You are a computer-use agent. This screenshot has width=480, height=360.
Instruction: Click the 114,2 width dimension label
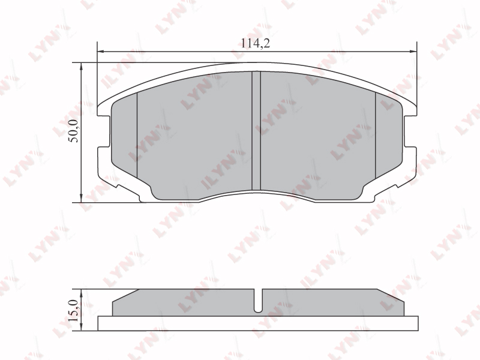(256, 43)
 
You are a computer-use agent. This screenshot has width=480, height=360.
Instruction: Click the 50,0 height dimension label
(74, 131)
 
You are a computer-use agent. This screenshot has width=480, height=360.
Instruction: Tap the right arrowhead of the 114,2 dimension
(413, 52)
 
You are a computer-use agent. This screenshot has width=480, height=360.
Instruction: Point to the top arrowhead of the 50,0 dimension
(81, 67)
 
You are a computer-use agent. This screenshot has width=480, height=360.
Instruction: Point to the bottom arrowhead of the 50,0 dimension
(81, 198)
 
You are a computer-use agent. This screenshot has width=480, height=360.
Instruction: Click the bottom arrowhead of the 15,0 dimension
(81, 326)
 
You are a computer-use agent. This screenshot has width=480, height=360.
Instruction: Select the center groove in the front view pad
(256, 131)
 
